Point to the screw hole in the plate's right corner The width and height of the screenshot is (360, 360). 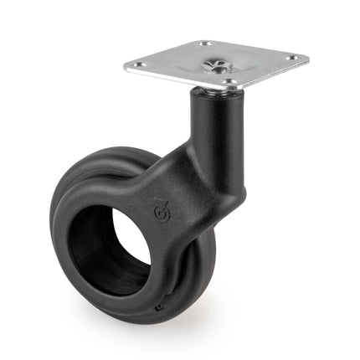tap(291, 59)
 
